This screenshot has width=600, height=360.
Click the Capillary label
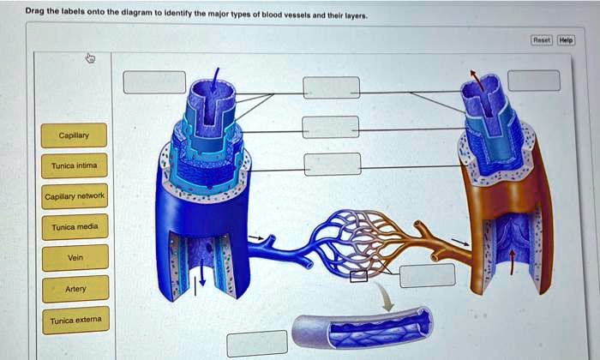coord(75,135)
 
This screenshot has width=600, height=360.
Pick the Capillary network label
coord(75,196)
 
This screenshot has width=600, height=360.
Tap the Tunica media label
coord(75,227)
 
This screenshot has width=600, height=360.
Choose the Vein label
coord(75,257)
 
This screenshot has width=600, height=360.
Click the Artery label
coord(75,289)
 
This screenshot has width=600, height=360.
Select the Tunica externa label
coord(75,320)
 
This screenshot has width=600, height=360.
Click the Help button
coord(567,39)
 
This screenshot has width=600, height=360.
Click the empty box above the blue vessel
coord(154,81)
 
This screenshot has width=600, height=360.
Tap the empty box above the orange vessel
coord(533,80)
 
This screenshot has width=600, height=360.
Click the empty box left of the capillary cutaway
coord(257,343)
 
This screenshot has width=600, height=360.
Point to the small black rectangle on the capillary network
coord(358,275)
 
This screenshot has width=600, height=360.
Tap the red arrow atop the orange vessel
coord(476,79)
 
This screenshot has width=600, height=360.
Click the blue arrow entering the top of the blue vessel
coord(214,81)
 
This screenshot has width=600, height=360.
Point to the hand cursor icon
coord(91,58)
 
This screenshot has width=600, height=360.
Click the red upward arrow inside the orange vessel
coord(513,261)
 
